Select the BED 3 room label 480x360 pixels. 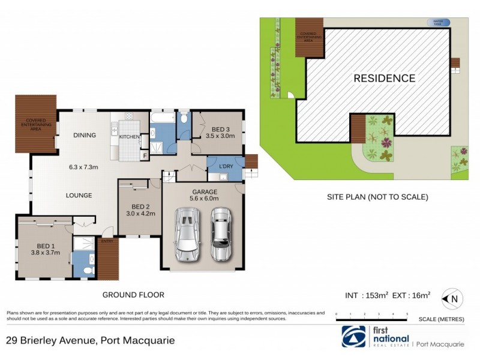pyautogui.click(x=220, y=129)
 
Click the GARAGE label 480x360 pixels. pyautogui.click(x=205, y=192)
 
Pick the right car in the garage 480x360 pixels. pyautogui.click(x=221, y=234)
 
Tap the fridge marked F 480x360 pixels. pyautogui.click(x=144, y=156)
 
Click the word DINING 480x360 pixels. pyautogui.click(x=85, y=135)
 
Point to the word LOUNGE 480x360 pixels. pyautogui.click(x=79, y=195)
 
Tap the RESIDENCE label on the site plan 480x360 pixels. pyautogui.click(x=384, y=78)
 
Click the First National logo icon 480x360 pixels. pyautogui.click(x=353, y=337)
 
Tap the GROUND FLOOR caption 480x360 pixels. pyautogui.click(x=133, y=295)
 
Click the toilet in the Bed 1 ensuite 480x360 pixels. pyautogui.click(x=88, y=271)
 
